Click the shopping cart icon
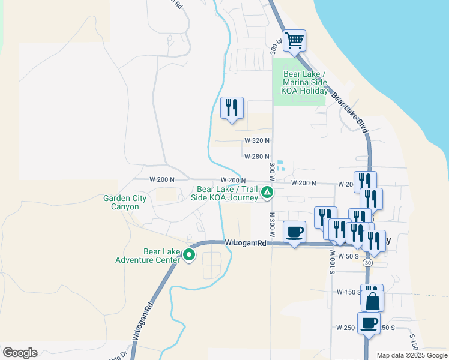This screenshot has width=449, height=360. (x=294, y=41)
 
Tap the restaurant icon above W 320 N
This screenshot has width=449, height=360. (x=232, y=108)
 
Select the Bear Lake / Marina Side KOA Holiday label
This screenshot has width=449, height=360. (x=305, y=83)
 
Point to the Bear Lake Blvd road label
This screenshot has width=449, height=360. (x=349, y=110)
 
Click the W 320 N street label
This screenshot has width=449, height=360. (x=256, y=140)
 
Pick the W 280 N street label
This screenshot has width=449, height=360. (x=256, y=157)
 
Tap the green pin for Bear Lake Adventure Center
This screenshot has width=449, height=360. (x=189, y=255)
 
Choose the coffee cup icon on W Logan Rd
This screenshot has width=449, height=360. (x=294, y=232)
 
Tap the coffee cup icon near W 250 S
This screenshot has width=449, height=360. (x=369, y=323)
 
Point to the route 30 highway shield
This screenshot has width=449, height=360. (x=367, y=263)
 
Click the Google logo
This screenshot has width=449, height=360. (x=20, y=353)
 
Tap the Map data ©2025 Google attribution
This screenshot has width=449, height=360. (x=411, y=355)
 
